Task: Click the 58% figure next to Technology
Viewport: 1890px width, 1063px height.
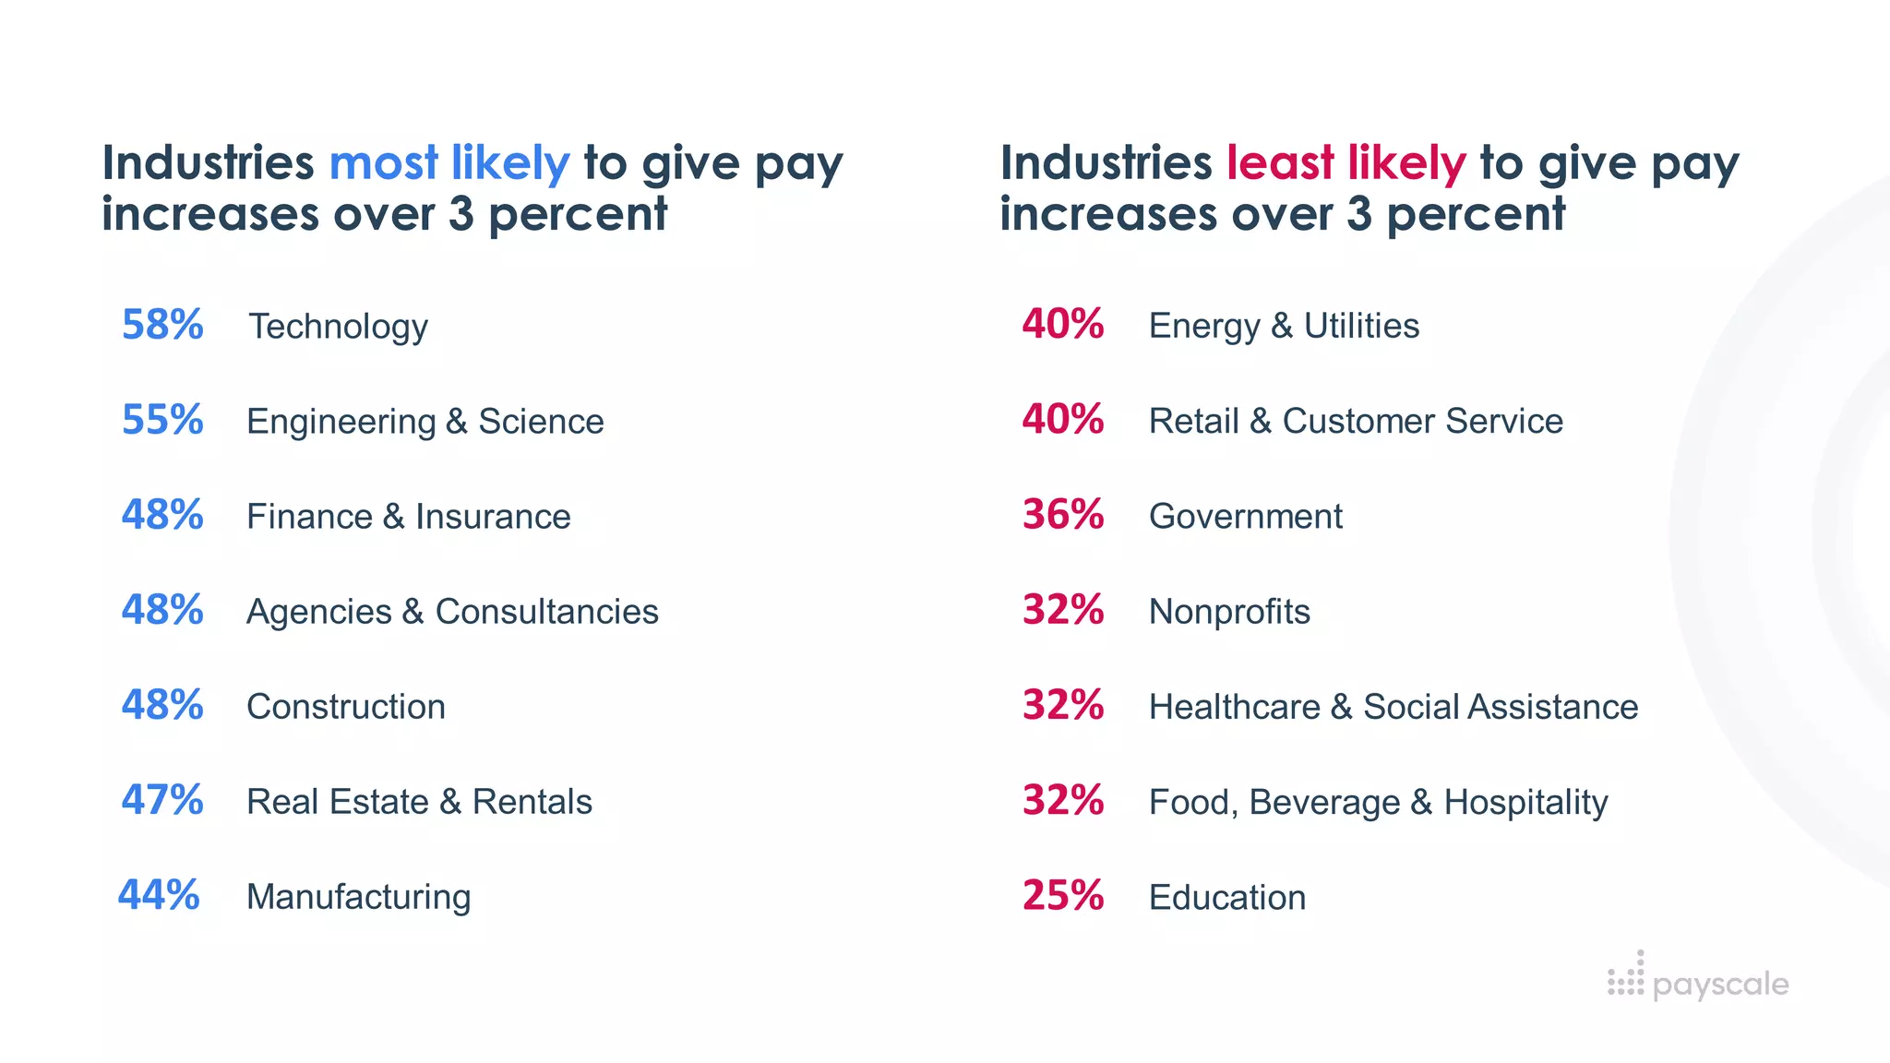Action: click(x=162, y=325)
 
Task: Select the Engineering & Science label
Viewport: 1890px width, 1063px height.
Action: click(x=425, y=422)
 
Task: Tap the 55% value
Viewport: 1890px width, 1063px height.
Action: click(x=162, y=420)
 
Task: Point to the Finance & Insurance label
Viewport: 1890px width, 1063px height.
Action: click(x=408, y=517)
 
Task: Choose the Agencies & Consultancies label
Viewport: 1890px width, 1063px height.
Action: click(x=452, y=612)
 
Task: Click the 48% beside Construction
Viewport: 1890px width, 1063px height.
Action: click(x=162, y=705)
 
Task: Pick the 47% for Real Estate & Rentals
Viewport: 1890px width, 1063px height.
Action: click(x=162, y=800)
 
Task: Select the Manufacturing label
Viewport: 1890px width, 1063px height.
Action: click(x=358, y=897)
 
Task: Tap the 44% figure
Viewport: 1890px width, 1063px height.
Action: click(x=159, y=895)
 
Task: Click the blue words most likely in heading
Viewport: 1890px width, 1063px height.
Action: click(x=449, y=163)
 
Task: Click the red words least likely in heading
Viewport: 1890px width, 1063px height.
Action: click(x=1346, y=163)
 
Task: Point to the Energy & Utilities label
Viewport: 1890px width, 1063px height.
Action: click(x=1284, y=326)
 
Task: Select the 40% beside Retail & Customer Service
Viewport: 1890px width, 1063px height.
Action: click(x=1062, y=420)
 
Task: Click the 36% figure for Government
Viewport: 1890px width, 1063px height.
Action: click(x=1062, y=515)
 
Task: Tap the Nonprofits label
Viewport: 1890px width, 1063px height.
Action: click(x=1229, y=612)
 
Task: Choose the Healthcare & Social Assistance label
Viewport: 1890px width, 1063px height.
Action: click(x=1394, y=707)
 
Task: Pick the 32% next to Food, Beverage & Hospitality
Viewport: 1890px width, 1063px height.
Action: click(x=1062, y=800)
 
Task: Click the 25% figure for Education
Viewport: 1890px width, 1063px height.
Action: click(x=1062, y=895)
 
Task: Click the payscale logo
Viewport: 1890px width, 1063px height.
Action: click(x=1698, y=982)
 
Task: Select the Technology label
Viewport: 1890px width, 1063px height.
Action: click(x=338, y=327)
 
